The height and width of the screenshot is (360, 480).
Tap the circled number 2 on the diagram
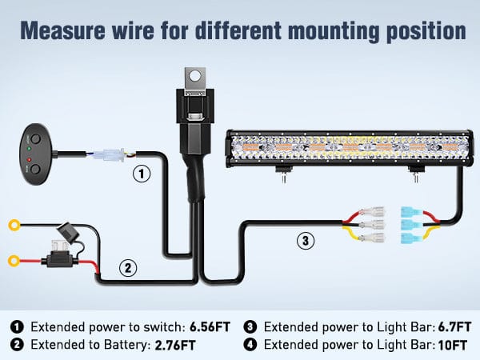[126, 267]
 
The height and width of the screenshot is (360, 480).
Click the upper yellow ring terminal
[13, 226]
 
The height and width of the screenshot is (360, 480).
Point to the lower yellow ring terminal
[13, 260]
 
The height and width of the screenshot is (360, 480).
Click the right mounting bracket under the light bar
[415, 171]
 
